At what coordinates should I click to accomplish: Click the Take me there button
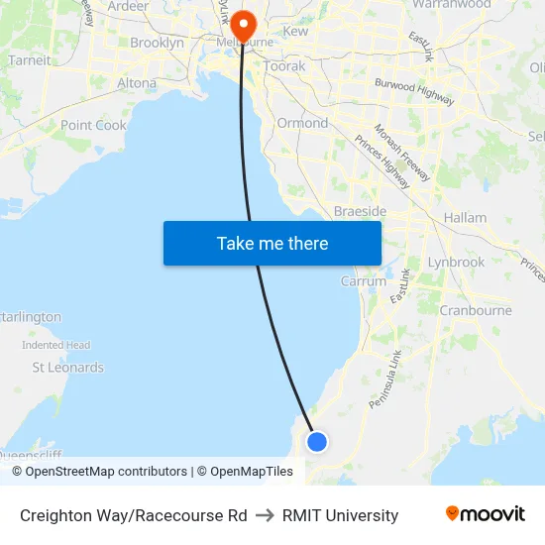(x=272, y=243)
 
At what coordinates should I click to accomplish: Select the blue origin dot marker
(x=317, y=441)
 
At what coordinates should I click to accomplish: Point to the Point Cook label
(x=94, y=125)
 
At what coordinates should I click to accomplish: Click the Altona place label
(x=137, y=83)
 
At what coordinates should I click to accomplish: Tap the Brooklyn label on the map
(x=157, y=44)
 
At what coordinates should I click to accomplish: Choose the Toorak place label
(x=285, y=65)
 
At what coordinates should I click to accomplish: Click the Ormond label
(x=302, y=123)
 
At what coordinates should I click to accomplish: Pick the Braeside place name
(x=360, y=212)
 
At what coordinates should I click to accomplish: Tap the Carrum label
(x=363, y=281)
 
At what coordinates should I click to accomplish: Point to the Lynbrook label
(x=456, y=263)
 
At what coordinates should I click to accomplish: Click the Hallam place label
(x=466, y=218)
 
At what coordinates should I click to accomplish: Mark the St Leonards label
(x=67, y=368)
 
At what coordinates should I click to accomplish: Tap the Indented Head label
(x=56, y=346)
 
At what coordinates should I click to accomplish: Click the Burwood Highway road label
(x=414, y=92)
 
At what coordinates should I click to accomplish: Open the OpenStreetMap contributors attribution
(x=107, y=472)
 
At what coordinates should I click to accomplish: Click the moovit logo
(x=486, y=514)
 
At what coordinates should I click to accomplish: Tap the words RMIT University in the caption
(x=340, y=515)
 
